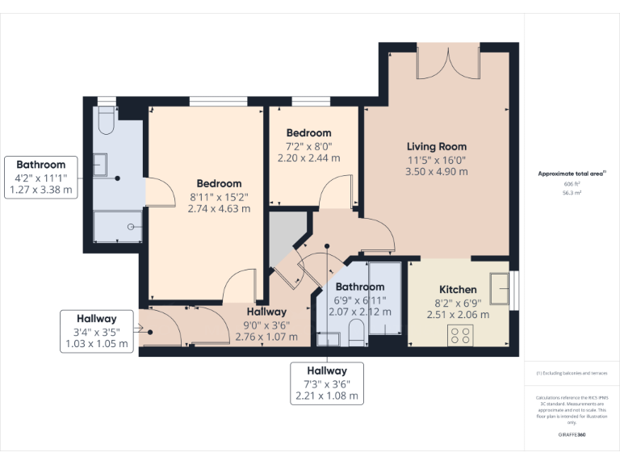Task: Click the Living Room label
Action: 436,146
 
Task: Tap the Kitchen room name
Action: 458,289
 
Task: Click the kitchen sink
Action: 501,287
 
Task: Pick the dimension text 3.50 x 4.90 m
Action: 436,172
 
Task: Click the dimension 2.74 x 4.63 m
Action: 219,208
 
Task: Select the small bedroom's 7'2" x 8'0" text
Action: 308,146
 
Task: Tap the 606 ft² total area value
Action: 572,184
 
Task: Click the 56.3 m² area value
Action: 572,194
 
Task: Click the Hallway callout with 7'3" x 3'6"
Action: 326,383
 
